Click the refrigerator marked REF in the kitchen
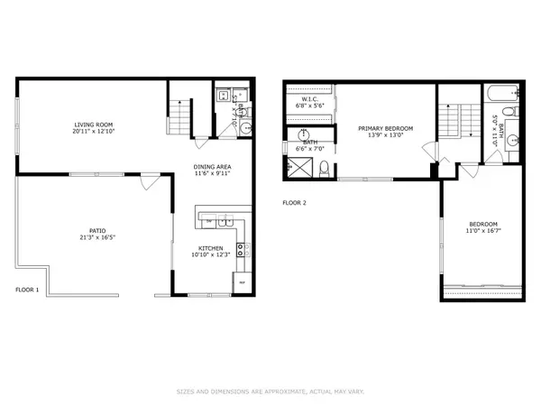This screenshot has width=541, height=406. click(x=241, y=283)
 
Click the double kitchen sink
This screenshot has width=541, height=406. click(x=224, y=222)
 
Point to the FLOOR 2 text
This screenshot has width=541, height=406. click(x=295, y=203)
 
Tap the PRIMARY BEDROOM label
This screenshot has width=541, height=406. click(x=385, y=129)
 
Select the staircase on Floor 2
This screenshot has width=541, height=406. click(x=451, y=119)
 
